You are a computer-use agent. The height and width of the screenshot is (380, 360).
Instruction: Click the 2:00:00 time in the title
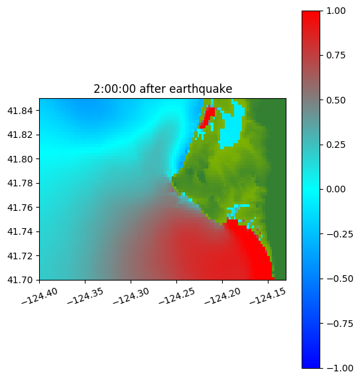coord(115,89)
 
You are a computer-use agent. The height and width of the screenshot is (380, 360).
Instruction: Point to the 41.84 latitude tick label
coord(20,111)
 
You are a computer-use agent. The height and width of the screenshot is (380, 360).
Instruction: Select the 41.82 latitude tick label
coord(20,135)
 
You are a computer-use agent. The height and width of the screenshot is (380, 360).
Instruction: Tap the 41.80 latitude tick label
coord(20,159)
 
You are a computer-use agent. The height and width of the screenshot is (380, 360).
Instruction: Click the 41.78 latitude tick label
coord(20,183)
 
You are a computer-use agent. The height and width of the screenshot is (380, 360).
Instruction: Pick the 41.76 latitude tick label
coord(20,208)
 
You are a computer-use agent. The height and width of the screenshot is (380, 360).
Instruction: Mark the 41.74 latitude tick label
coord(20,231)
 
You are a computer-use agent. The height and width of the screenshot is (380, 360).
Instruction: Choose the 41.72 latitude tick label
coord(20,256)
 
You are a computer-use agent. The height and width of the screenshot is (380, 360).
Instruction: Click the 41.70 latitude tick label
coord(20,280)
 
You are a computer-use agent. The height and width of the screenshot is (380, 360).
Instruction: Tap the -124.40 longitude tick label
coord(40,296)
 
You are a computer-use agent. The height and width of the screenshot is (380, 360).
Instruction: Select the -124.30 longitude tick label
coord(131,296)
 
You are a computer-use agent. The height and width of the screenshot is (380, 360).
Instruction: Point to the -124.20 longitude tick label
coord(222,296)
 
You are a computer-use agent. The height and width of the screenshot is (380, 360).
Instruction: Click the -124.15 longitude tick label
coord(268,296)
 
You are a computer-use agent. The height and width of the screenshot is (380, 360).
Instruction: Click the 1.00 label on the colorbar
coord(335,11)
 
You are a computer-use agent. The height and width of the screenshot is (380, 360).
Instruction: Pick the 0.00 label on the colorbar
coord(335,189)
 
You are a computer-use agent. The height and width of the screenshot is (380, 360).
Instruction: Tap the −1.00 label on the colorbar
coord(339,368)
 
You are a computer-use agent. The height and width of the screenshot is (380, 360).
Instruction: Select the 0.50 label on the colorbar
coord(335,100)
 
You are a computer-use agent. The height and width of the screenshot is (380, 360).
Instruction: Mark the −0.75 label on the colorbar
coord(339,324)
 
